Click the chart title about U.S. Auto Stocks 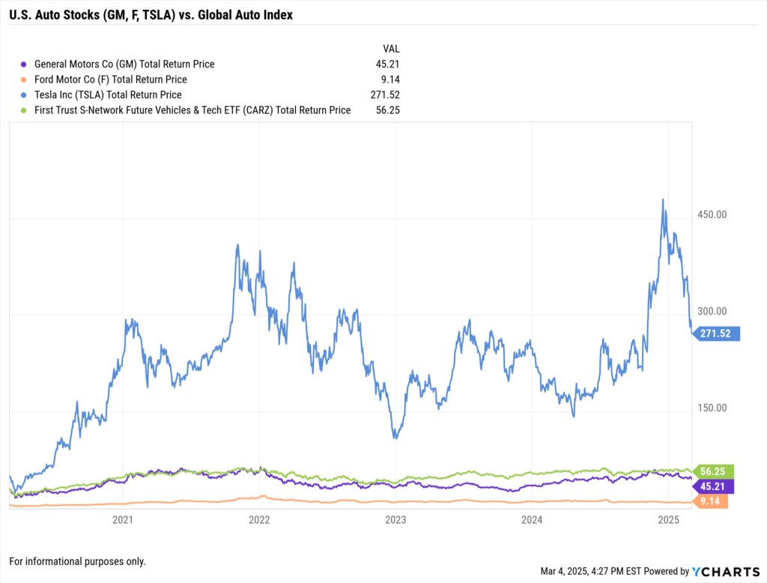click(x=151, y=14)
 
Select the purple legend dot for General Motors click(x=24, y=64)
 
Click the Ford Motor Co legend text click(x=110, y=79)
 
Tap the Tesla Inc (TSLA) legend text click(x=108, y=94)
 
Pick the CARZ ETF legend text click(x=192, y=110)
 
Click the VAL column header click(x=391, y=49)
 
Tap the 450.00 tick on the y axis click(x=712, y=215)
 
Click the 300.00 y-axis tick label click(x=712, y=312)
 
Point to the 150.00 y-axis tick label click(x=712, y=408)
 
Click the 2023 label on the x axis click(x=395, y=519)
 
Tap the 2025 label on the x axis click(x=668, y=519)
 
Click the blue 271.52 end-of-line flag click(x=718, y=334)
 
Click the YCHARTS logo click(x=724, y=571)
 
